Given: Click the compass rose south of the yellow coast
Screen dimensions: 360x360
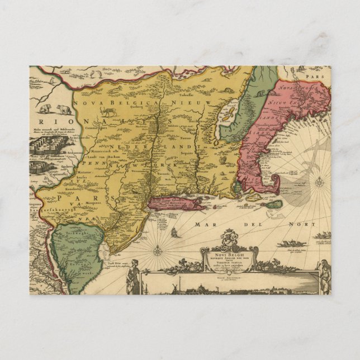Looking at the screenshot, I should (x=158, y=250).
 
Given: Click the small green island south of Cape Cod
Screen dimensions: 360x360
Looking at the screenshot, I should (x=274, y=205).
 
